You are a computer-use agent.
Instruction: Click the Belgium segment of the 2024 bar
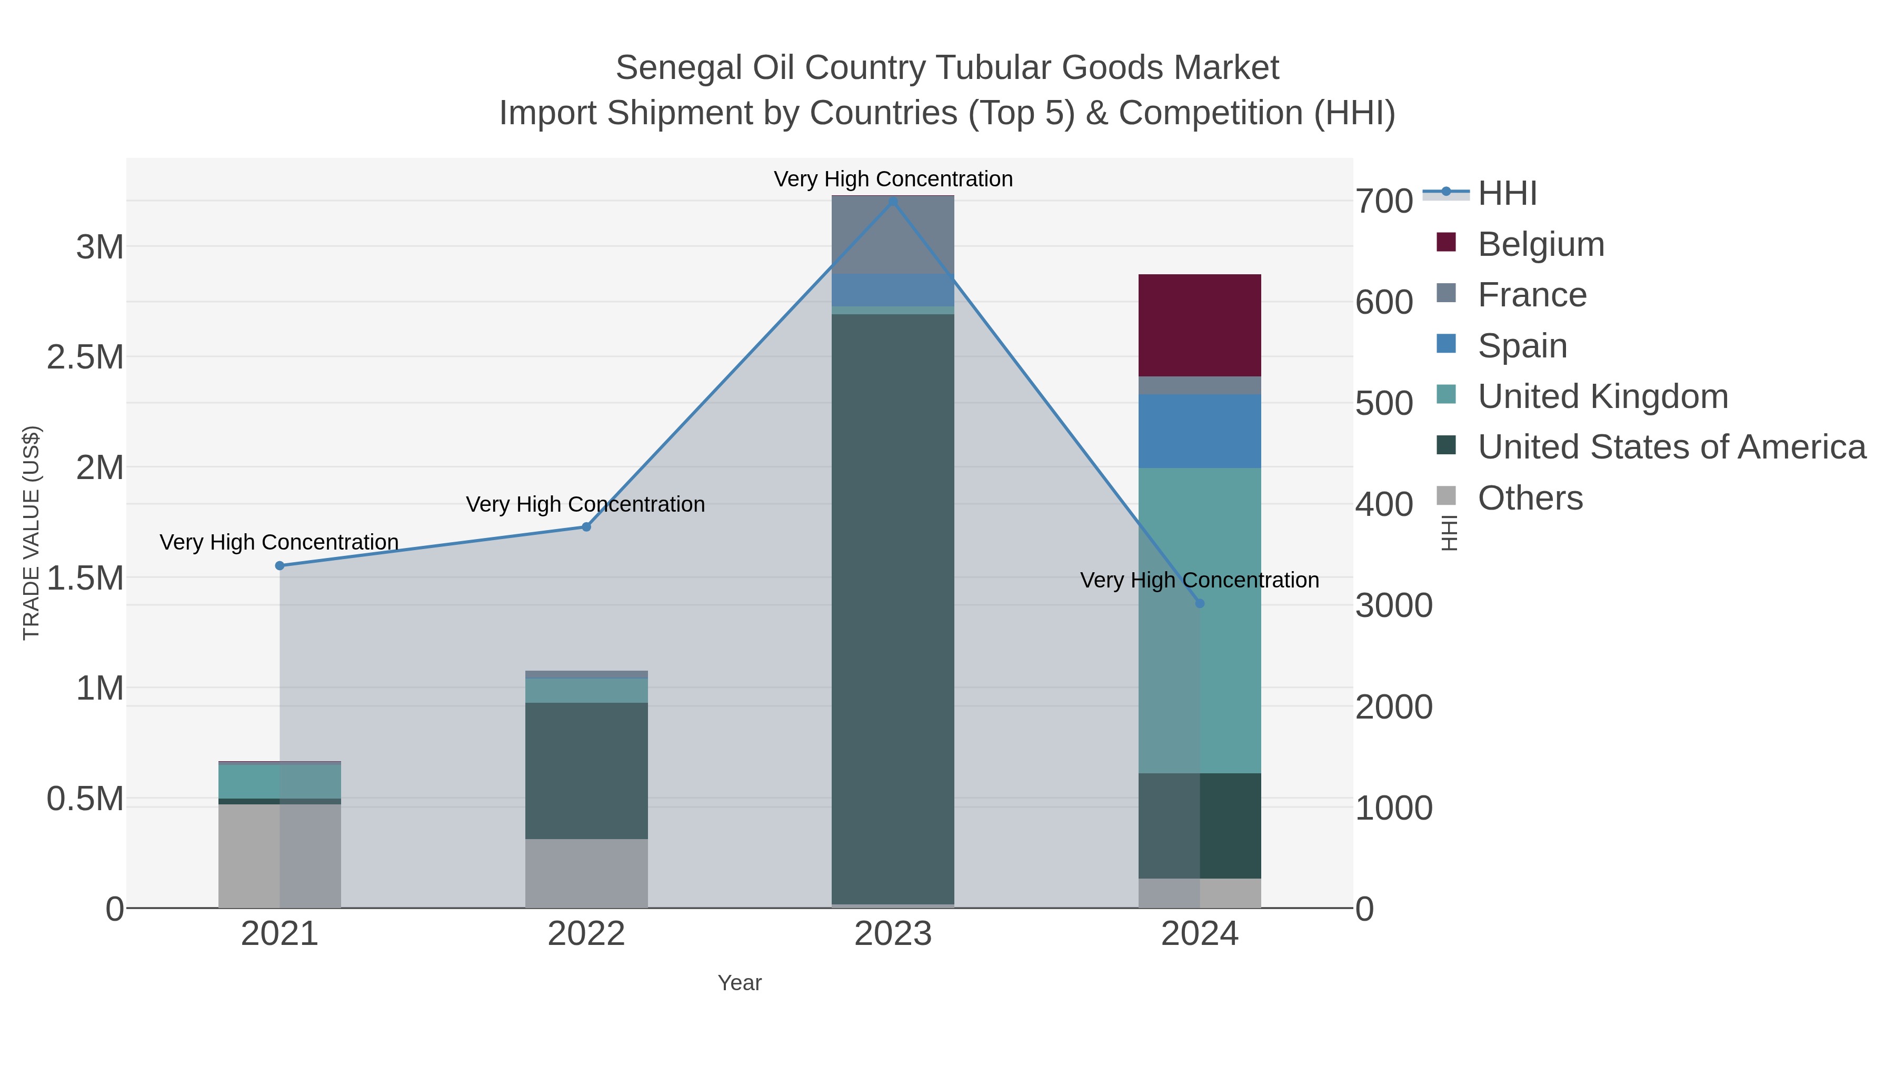click(x=1199, y=325)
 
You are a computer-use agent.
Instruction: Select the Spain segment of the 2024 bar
click(x=1199, y=431)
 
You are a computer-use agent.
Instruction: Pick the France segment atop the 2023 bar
click(x=892, y=235)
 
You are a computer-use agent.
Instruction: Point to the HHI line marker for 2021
click(x=280, y=566)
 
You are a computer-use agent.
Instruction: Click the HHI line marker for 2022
click(x=586, y=527)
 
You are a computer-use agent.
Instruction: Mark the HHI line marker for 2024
click(x=1200, y=603)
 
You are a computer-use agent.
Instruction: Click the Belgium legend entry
click(x=1540, y=244)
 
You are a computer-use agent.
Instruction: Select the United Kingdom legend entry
click(x=1602, y=396)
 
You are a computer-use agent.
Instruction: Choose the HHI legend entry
click(x=1507, y=194)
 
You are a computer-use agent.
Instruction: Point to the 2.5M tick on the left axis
click(x=85, y=357)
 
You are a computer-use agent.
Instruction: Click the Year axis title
click(x=740, y=983)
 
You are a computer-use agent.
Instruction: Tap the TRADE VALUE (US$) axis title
click(x=31, y=533)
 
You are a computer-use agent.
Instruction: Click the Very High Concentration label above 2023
click(x=892, y=179)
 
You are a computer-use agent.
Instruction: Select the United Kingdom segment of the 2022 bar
click(x=586, y=691)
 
